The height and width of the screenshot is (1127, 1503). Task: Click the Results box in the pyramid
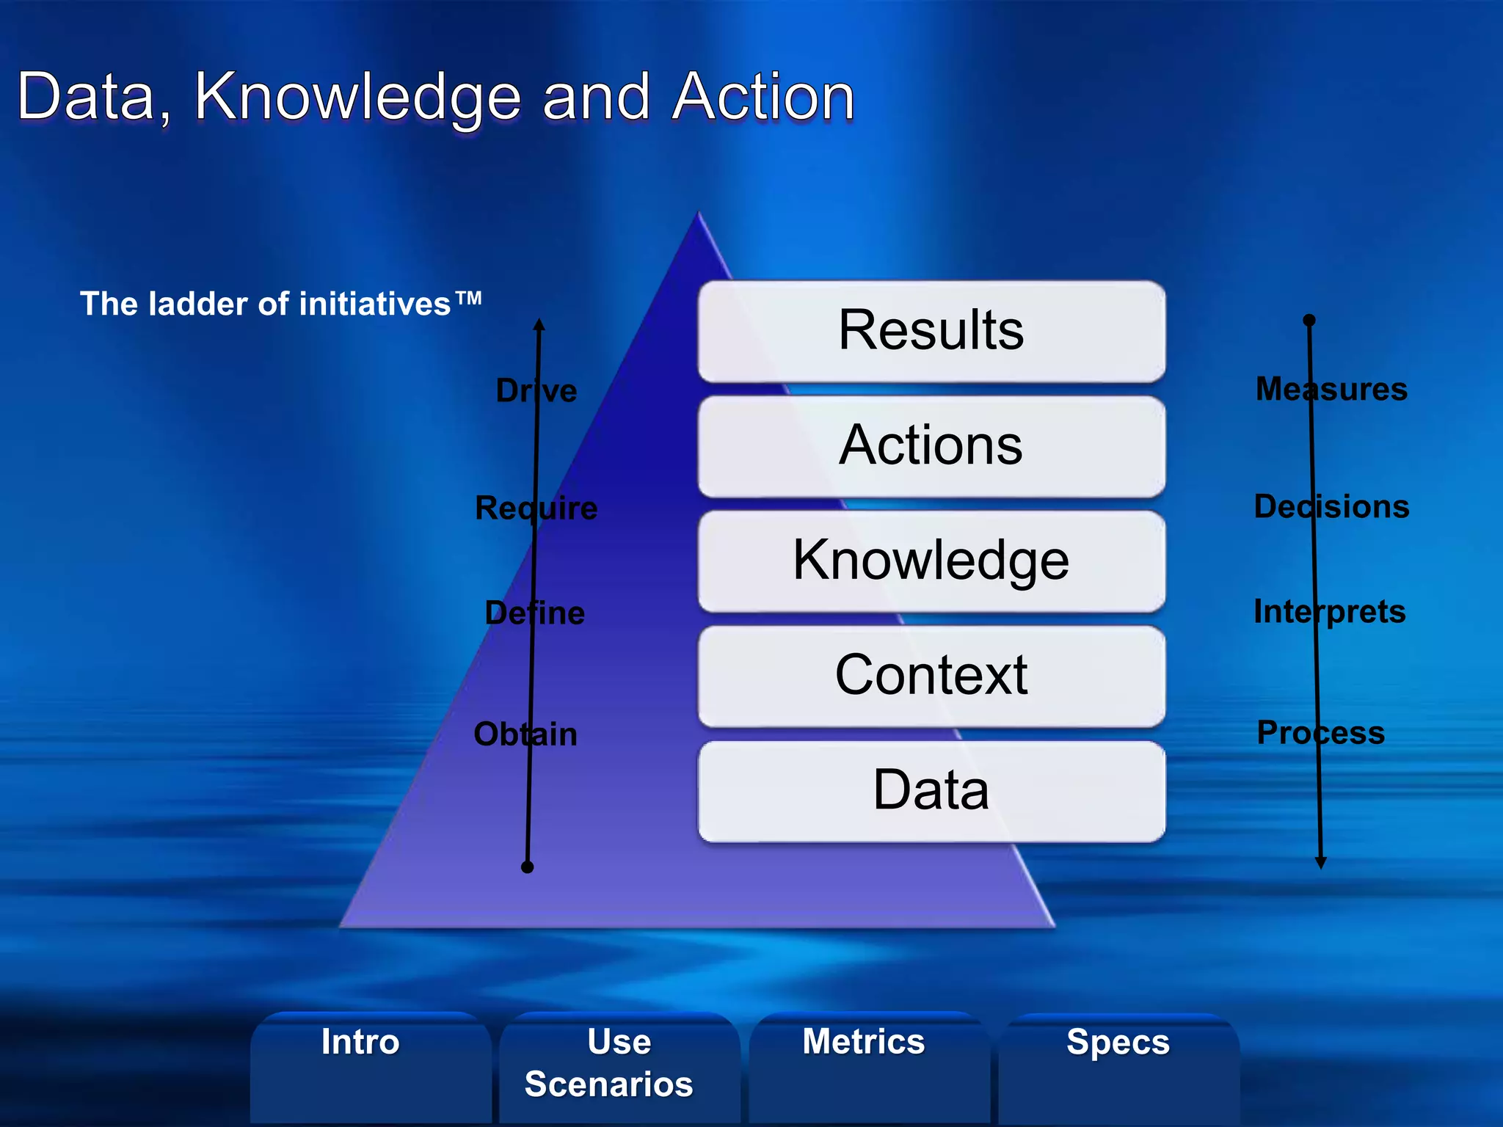pos(931,331)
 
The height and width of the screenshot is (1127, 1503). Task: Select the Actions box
pos(931,446)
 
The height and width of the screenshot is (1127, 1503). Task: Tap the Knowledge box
pos(931,561)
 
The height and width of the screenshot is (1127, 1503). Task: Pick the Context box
pos(931,676)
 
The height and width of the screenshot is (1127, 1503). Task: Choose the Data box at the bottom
pos(931,791)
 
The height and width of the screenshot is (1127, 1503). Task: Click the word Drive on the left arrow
pos(536,390)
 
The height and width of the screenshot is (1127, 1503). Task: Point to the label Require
pos(536,508)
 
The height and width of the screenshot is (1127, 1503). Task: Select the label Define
pos(535,613)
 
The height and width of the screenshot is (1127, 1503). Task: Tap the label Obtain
pos(525,734)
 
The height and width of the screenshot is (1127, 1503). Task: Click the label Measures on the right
pos(1331,389)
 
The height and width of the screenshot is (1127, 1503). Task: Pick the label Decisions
pos(1331,506)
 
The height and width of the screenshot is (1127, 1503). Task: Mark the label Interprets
pos(1329,611)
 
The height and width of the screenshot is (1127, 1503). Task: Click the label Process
pos(1320,732)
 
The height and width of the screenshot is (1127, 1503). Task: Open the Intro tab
pos(360,1043)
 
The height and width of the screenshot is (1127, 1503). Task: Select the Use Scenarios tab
pos(608,1062)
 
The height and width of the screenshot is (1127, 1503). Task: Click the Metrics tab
pos(863,1042)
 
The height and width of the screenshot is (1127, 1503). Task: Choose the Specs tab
pos(1118,1043)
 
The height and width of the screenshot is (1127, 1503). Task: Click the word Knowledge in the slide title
pos(357,98)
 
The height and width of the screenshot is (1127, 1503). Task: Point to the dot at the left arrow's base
pos(527,867)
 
